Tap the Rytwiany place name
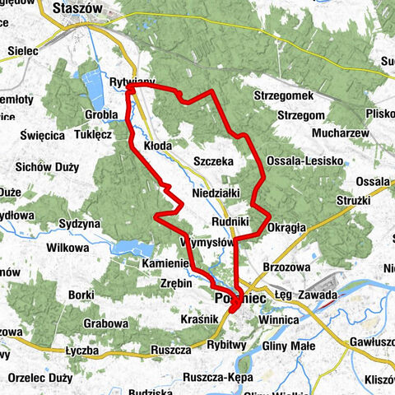click(x=131, y=83)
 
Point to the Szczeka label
click(x=213, y=161)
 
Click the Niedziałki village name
click(x=216, y=193)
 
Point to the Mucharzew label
click(x=320, y=130)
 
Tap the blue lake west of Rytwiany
click(x=91, y=85)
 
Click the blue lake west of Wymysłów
click(x=129, y=247)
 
